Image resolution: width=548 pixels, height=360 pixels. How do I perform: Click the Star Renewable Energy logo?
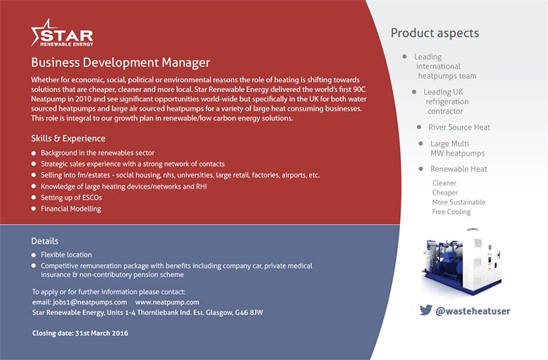(62, 33)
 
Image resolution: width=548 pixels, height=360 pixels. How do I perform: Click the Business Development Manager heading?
(120, 63)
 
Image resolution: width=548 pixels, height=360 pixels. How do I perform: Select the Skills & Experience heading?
(68, 138)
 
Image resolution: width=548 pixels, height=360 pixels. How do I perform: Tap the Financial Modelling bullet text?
(71, 209)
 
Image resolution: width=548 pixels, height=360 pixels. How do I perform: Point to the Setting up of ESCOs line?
(71, 197)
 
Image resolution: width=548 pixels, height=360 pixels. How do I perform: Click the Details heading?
(45, 241)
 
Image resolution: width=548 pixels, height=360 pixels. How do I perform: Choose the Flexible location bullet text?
(66, 255)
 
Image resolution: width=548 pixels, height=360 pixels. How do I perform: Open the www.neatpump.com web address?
(167, 302)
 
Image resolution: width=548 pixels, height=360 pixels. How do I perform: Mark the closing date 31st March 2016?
(102, 333)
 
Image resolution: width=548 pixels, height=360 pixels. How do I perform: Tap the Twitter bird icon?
(426, 310)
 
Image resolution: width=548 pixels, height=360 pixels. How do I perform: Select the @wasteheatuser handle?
(473, 311)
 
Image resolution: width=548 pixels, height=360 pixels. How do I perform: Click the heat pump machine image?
(462, 261)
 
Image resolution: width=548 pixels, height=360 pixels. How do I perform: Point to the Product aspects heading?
(435, 33)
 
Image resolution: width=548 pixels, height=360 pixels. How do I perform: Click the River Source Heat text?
(459, 127)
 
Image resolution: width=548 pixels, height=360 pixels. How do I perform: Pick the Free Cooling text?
(451, 212)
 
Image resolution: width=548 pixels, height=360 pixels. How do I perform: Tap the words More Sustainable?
(459, 202)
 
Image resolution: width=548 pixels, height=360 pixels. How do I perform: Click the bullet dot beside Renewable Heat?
(421, 169)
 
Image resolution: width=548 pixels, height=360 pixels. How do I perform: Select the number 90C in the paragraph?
(359, 90)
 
